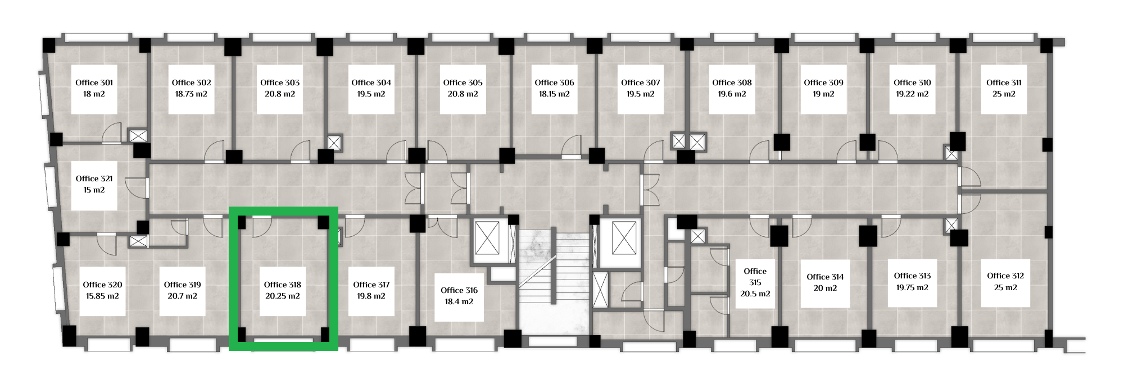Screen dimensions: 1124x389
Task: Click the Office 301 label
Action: click(94, 83)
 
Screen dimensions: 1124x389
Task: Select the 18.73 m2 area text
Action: click(191, 94)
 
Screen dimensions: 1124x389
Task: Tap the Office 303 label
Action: click(280, 83)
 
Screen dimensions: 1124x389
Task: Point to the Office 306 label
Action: click(554, 83)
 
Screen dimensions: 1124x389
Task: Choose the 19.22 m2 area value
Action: click(912, 94)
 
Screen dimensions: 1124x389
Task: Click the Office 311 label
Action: click(1004, 83)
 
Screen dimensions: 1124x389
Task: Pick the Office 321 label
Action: click(94, 179)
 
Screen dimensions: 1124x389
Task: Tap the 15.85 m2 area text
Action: click(102, 296)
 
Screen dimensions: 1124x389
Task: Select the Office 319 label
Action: click(183, 285)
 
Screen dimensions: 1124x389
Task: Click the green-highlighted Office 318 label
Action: click(283, 285)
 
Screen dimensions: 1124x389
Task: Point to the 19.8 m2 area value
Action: click(371, 296)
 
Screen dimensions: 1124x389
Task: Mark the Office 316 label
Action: click(459, 290)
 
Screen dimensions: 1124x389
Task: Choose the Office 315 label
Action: click(755, 277)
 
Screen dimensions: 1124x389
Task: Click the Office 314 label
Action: click(825, 277)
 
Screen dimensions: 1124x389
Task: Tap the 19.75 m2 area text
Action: click(912, 287)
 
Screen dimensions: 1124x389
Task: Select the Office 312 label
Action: click(1005, 276)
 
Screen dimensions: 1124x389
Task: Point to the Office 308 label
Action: click(732, 83)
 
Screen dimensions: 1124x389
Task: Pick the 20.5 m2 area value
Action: click(755, 294)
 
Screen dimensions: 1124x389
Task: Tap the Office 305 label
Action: click(463, 83)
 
